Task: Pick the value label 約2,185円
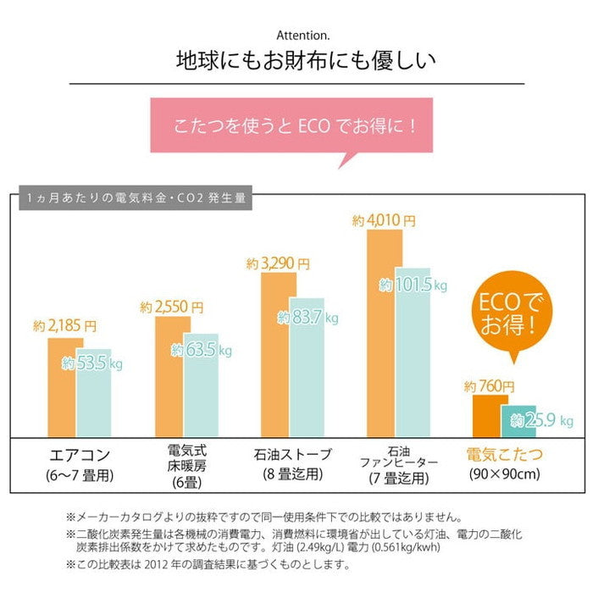[65, 325]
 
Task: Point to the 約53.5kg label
[92, 363]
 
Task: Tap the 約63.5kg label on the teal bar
[201, 350]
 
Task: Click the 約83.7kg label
[308, 318]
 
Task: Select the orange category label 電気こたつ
[505, 455]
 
